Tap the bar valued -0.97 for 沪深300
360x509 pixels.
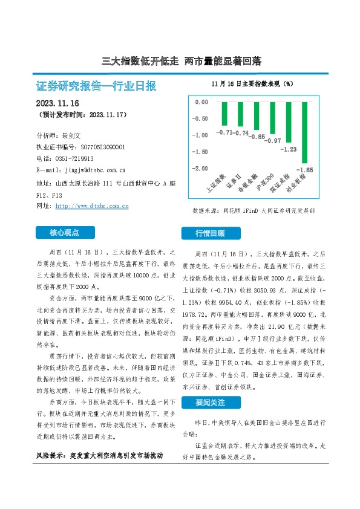[x=272, y=117]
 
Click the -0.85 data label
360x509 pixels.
[x=257, y=137]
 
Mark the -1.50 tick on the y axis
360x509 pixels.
[x=200, y=152]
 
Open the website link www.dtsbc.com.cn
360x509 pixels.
[x=92, y=206]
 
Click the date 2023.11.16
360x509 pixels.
[x=57, y=103]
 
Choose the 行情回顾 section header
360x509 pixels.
[x=210, y=233]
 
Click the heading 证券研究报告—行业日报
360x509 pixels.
[x=97, y=86]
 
